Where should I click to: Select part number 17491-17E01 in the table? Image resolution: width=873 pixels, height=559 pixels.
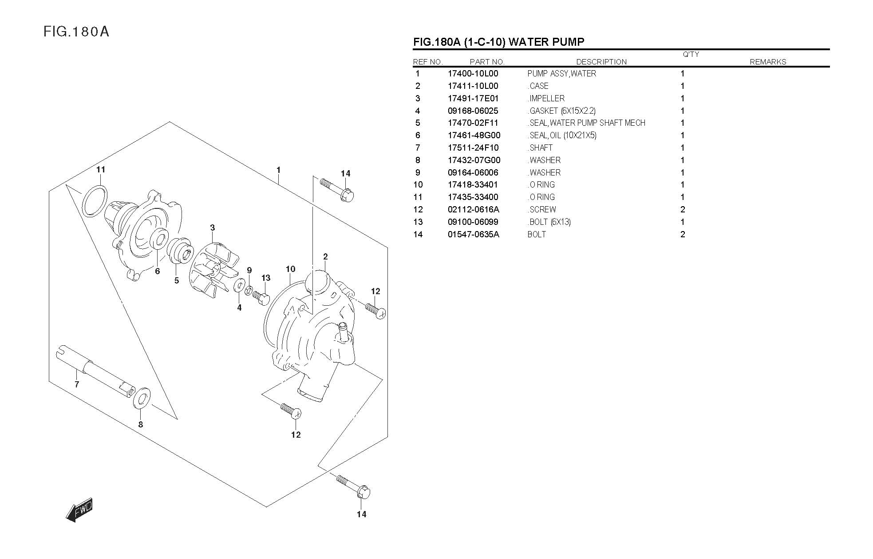[473, 98]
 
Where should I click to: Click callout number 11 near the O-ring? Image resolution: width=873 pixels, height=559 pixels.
[101, 169]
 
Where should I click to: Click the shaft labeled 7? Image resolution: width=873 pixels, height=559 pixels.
[96, 369]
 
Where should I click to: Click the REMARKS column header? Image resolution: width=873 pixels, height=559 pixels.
[767, 62]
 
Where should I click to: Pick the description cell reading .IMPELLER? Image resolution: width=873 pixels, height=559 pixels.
[546, 98]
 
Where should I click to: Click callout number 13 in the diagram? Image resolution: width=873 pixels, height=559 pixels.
[266, 278]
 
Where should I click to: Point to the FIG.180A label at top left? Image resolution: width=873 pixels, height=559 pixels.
[76, 32]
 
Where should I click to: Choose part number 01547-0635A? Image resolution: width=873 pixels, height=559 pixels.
[473, 234]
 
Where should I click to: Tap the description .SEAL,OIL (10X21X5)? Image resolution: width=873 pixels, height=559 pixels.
[562, 135]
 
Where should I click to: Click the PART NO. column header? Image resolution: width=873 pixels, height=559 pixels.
[487, 62]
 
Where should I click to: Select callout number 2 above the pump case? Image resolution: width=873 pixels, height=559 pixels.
[325, 256]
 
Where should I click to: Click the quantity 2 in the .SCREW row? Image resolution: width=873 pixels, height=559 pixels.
[683, 209]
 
